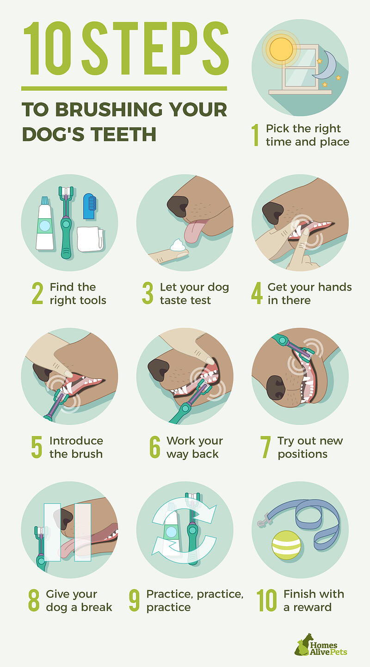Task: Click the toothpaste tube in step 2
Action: [44, 222]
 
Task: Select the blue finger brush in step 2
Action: [89, 206]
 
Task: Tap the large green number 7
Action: [265, 447]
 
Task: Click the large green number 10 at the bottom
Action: [267, 600]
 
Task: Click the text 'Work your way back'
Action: [194, 447]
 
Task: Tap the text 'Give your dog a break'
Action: [79, 600]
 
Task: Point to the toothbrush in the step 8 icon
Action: [41, 546]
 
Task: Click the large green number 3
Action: [148, 294]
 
